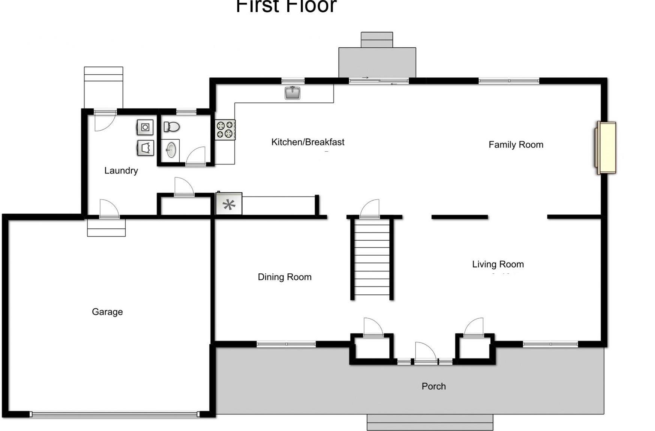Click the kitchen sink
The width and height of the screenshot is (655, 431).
tap(292, 92)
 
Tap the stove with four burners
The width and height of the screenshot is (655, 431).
tap(225, 130)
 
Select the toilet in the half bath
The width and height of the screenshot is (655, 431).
tap(172, 127)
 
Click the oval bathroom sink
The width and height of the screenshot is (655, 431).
tap(171, 150)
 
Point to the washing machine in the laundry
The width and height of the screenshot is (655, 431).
tap(145, 127)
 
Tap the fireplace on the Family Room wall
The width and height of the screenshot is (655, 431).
tap(606, 148)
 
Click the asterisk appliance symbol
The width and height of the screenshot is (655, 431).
tap(229, 204)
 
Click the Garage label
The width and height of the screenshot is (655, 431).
tap(107, 312)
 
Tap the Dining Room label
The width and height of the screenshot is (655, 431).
tap(284, 277)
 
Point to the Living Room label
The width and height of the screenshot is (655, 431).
tap(497, 264)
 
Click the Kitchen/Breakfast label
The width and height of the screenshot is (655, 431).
tap(308, 142)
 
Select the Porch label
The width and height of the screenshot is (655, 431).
tap(433, 386)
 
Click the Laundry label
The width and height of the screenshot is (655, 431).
tap(121, 170)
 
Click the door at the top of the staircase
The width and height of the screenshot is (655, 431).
tap(370, 210)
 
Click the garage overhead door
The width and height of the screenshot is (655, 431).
tap(114, 414)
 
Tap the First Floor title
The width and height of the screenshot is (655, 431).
tap(286, 6)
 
